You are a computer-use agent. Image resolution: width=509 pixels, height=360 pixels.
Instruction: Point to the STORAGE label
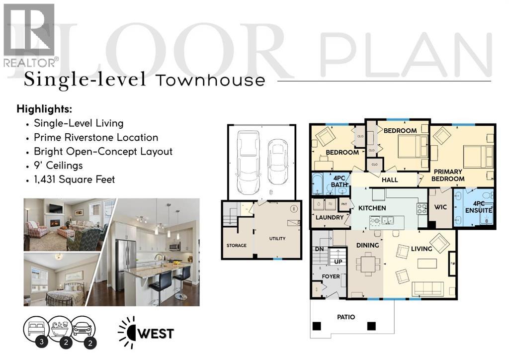[x=237, y=245]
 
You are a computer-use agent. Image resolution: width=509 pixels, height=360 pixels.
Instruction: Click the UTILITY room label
[x=277, y=239]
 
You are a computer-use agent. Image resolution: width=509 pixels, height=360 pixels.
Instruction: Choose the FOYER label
[x=331, y=276]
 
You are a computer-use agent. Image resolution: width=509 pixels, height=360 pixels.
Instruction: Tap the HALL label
[x=390, y=180]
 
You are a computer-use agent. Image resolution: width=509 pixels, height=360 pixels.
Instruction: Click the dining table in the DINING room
[x=368, y=264]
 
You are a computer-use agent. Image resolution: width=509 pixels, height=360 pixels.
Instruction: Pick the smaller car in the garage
[x=277, y=159]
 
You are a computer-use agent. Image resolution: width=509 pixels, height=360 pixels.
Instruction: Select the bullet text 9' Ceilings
[x=58, y=165]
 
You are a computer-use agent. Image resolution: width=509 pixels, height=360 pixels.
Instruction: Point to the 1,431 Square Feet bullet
[x=74, y=179]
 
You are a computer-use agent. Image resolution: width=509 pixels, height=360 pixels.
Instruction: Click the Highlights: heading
[x=44, y=109]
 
